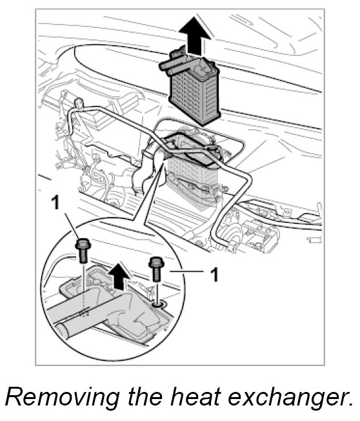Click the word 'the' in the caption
(145, 397)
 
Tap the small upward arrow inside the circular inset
(119, 276)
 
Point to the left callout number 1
(55, 203)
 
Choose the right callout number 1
(214, 274)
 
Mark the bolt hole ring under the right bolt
(159, 304)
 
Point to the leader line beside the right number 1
(186, 272)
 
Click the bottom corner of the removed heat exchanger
(203, 125)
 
